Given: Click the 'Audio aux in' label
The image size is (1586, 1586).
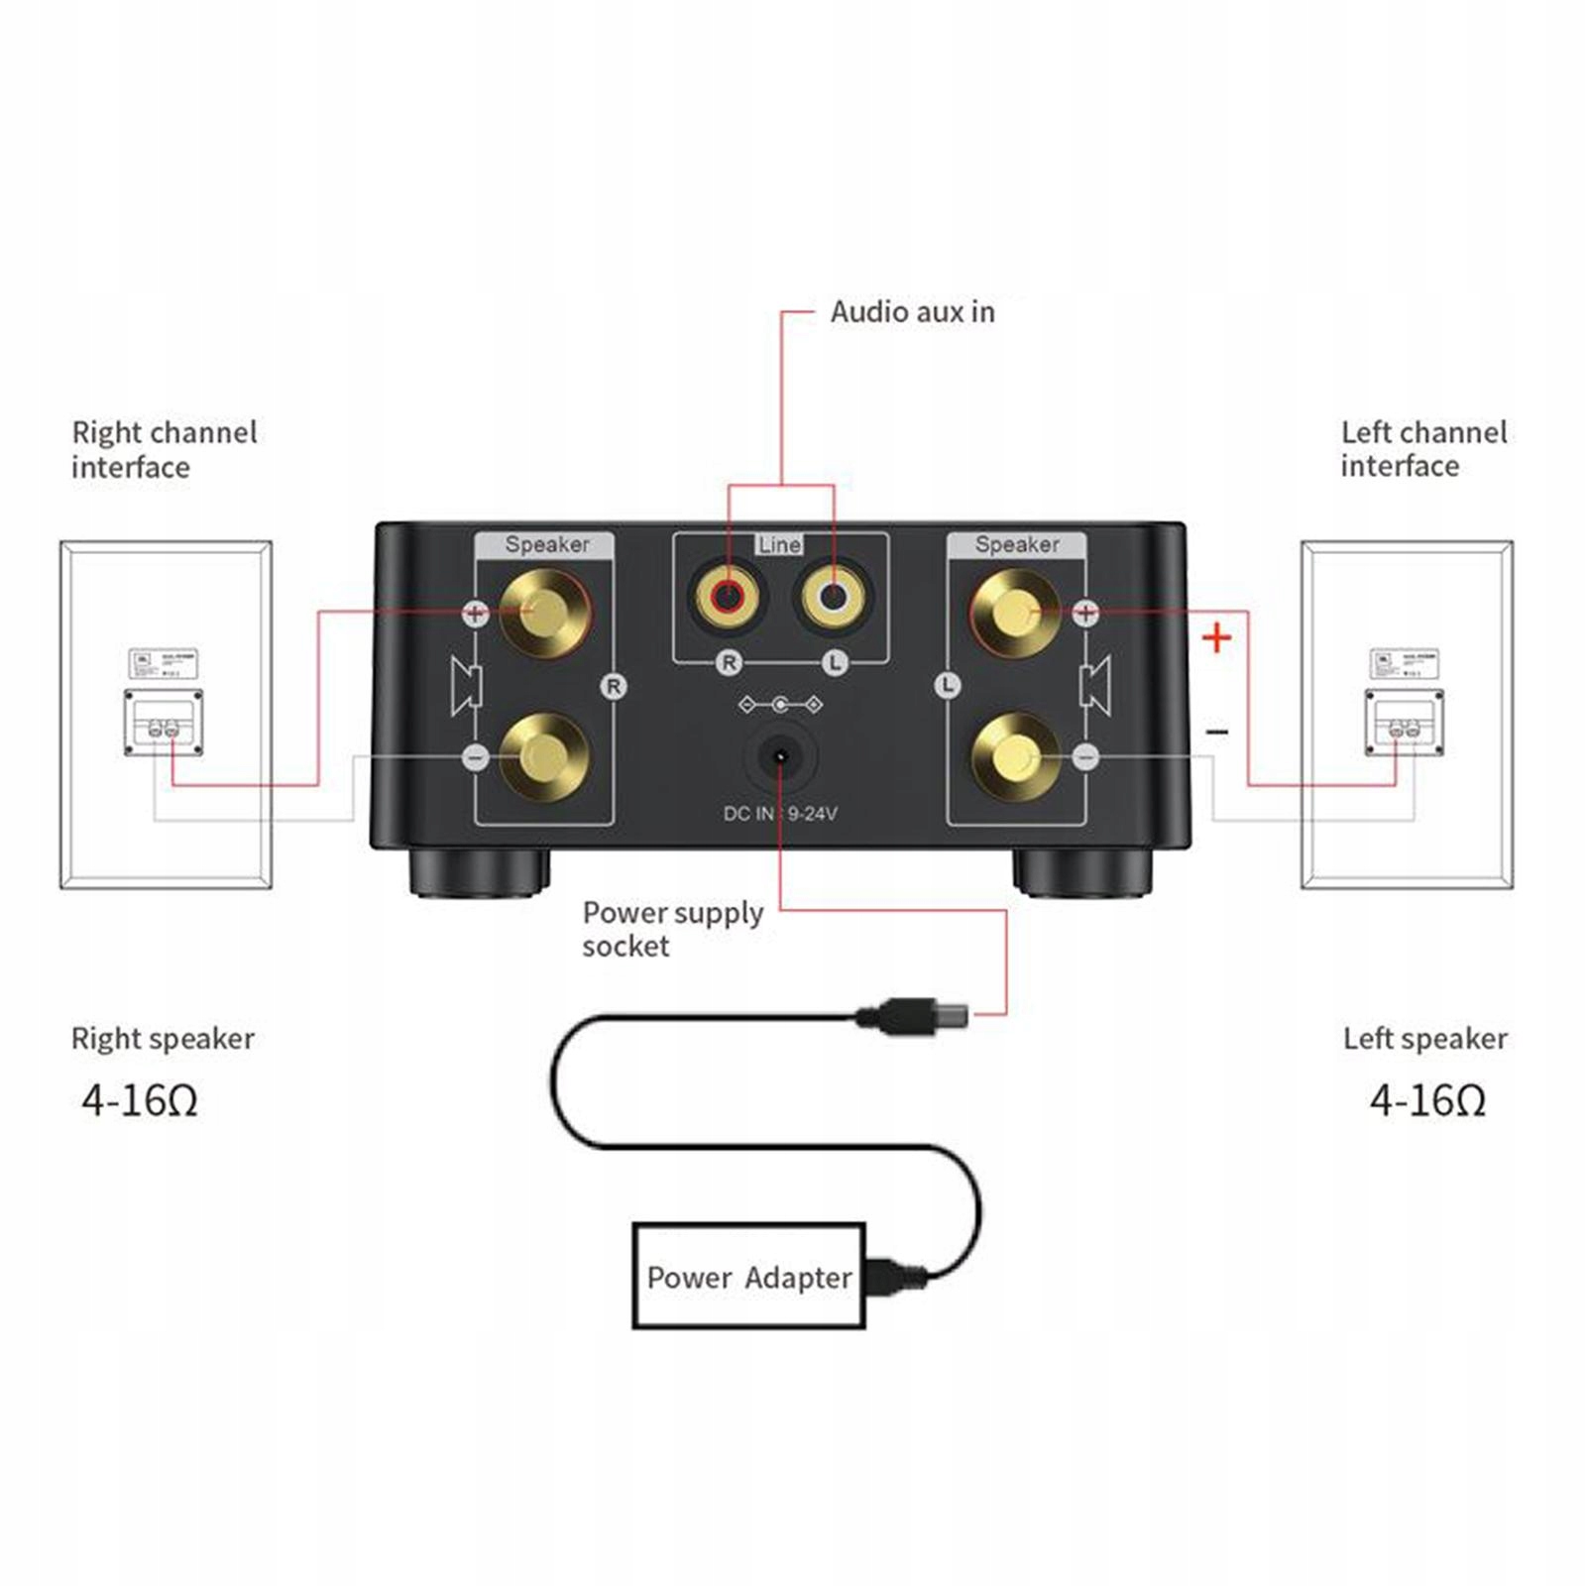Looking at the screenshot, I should pyautogui.click(x=912, y=312).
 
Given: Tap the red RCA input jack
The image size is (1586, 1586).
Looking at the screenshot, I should pyautogui.click(x=729, y=597).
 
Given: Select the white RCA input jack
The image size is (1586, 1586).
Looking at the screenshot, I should pyautogui.click(x=834, y=597).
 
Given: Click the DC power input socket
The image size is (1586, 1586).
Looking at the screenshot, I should pyautogui.click(x=780, y=756).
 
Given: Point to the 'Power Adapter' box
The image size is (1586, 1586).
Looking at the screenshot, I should pyautogui.click(x=748, y=1276).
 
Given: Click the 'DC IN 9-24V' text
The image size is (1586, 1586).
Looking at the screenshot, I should pyautogui.click(x=780, y=814).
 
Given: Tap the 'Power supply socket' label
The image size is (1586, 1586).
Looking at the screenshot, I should pyautogui.click(x=672, y=929).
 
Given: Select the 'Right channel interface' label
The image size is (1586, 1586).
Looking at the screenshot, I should pyautogui.click(x=164, y=449).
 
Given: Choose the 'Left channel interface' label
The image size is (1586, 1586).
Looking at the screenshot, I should pyautogui.click(x=1423, y=449).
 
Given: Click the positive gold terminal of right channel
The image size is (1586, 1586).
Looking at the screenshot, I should pyautogui.click(x=543, y=611).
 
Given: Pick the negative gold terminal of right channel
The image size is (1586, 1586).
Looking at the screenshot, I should pyautogui.click(x=543, y=757).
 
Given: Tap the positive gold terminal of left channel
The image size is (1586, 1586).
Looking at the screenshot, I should pyautogui.click(x=1015, y=611).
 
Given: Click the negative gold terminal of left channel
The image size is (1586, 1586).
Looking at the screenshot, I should pyautogui.click(x=1015, y=757).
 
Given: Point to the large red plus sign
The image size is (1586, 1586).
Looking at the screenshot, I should pyautogui.click(x=1216, y=637).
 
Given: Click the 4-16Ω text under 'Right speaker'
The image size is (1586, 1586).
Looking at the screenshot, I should pyautogui.click(x=140, y=1100).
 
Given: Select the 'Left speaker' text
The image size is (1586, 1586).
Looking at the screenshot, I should pyautogui.click(x=1424, y=1039).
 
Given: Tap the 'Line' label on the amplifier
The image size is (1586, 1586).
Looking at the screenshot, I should pyautogui.click(x=779, y=544).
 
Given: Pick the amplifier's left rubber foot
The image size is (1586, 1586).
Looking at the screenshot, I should pyautogui.click(x=479, y=872).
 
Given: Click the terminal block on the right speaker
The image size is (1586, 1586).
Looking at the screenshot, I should pyautogui.click(x=164, y=723).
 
